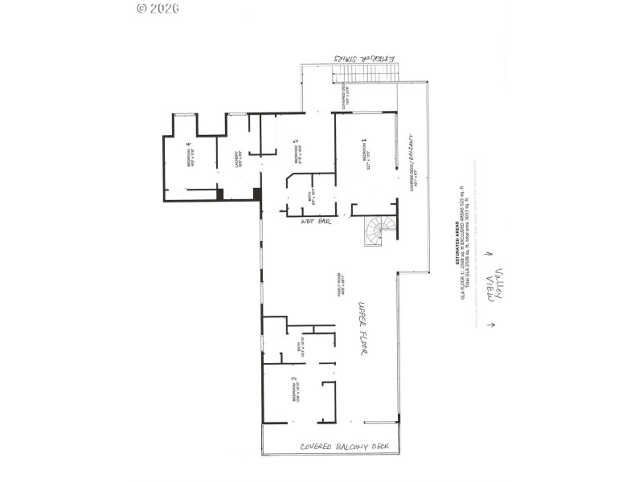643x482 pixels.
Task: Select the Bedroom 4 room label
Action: coord(190,153)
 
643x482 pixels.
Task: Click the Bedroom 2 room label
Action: coord(297,150)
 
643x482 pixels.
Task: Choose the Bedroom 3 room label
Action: coord(295,390)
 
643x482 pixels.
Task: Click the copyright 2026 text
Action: coord(158,8)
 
